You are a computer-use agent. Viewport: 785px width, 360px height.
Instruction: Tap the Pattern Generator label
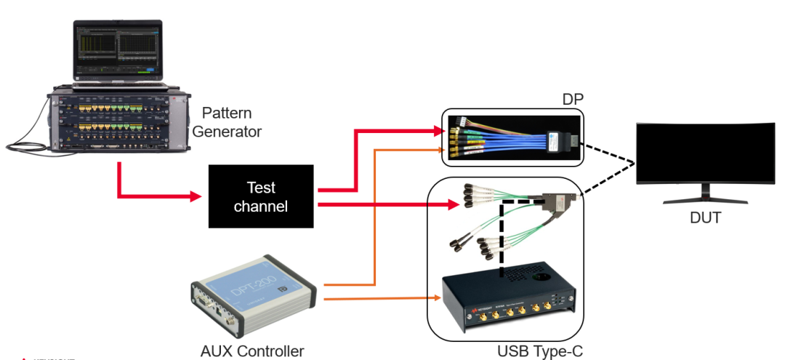(x=232, y=122)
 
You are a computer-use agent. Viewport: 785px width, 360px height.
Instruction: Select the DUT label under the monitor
(x=705, y=217)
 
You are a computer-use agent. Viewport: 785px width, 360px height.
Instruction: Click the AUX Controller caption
(x=252, y=351)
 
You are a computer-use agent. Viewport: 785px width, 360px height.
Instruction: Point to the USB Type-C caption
(x=540, y=351)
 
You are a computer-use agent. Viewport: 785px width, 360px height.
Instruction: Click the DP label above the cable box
(x=573, y=100)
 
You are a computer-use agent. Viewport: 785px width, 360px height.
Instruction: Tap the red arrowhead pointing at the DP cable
(x=438, y=131)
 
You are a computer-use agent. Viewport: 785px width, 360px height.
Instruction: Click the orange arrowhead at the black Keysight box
(x=438, y=298)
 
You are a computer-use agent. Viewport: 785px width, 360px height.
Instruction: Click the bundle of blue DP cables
(x=502, y=138)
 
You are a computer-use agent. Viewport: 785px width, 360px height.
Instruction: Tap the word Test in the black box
(x=262, y=188)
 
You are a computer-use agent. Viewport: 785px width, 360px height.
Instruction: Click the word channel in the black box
(x=262, y=207)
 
